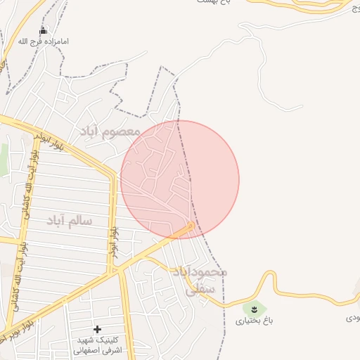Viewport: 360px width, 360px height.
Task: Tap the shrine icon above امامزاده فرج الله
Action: coord(44,31)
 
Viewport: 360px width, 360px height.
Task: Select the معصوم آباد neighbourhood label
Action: coord(109,131)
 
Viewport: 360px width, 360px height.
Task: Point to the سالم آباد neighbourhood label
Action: coord(70,221)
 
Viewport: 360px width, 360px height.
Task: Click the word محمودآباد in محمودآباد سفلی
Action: coord(200,272)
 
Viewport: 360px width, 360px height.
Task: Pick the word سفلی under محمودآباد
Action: coord(197,288)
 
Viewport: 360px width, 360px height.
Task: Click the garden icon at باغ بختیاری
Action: coord(254,309)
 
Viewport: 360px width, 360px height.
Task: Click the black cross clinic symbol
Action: coord(97,329)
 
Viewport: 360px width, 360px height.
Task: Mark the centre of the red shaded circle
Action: coord(180,179)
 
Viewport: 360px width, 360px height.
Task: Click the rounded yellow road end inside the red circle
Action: coord(190,226)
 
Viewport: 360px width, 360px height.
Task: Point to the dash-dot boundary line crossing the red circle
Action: coord(186,169)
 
